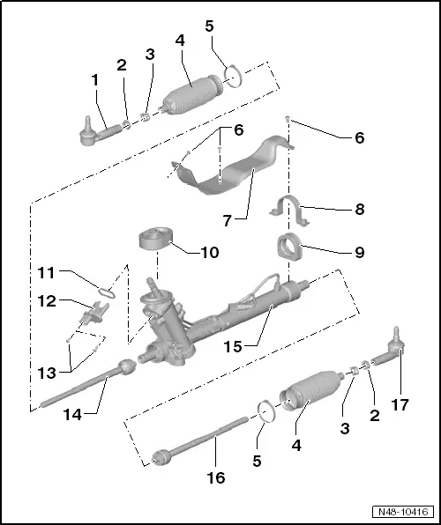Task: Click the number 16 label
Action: pos(216,478)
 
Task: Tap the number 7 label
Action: pos(228,220)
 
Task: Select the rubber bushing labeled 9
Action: pos(288,247)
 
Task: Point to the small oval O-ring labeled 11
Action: pos(107,287)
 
